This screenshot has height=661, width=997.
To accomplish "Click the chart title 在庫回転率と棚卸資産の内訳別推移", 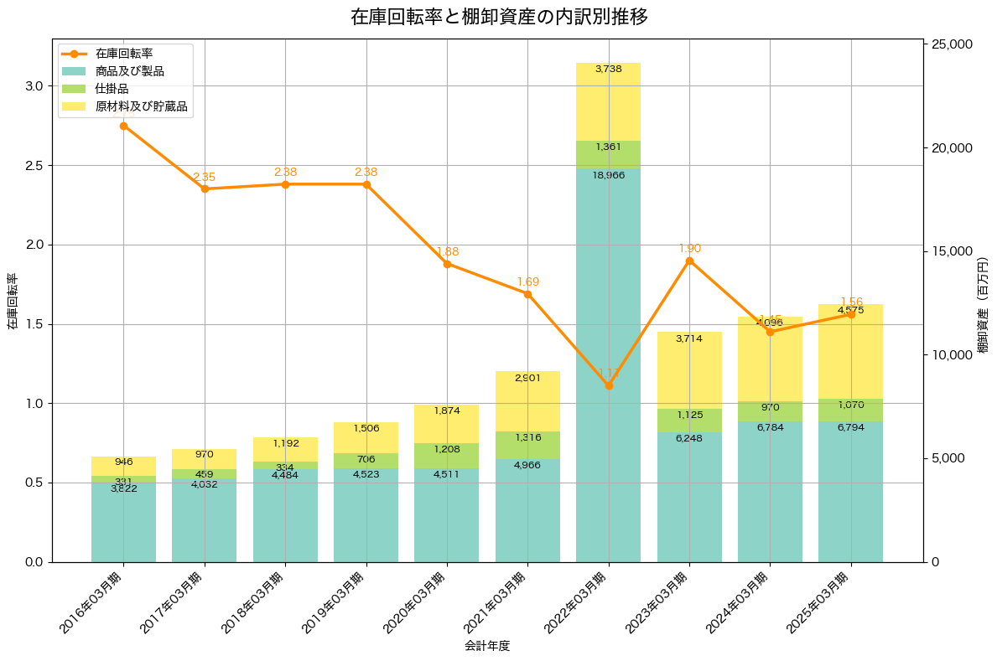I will pyautogui.click(x=498, y=17).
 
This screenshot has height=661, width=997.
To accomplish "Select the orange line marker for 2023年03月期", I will pyautogui.click(x=689, y=261).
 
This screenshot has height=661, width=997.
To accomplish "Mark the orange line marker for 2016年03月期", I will pyautogui.click(x=123, y=126).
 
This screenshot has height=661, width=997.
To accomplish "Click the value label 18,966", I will pyautogui.click(x=608, y=175).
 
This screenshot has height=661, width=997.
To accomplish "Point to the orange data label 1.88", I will pyautogui.click(x=447, y=251).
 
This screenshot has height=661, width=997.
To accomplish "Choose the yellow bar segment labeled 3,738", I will pyautogui.click(x=608, y=101).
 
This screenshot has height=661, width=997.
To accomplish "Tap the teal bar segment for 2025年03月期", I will pyautogui.click(x=850, y=494).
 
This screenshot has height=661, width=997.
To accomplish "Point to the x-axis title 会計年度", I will pyautogui.click(x=487, y=646).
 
